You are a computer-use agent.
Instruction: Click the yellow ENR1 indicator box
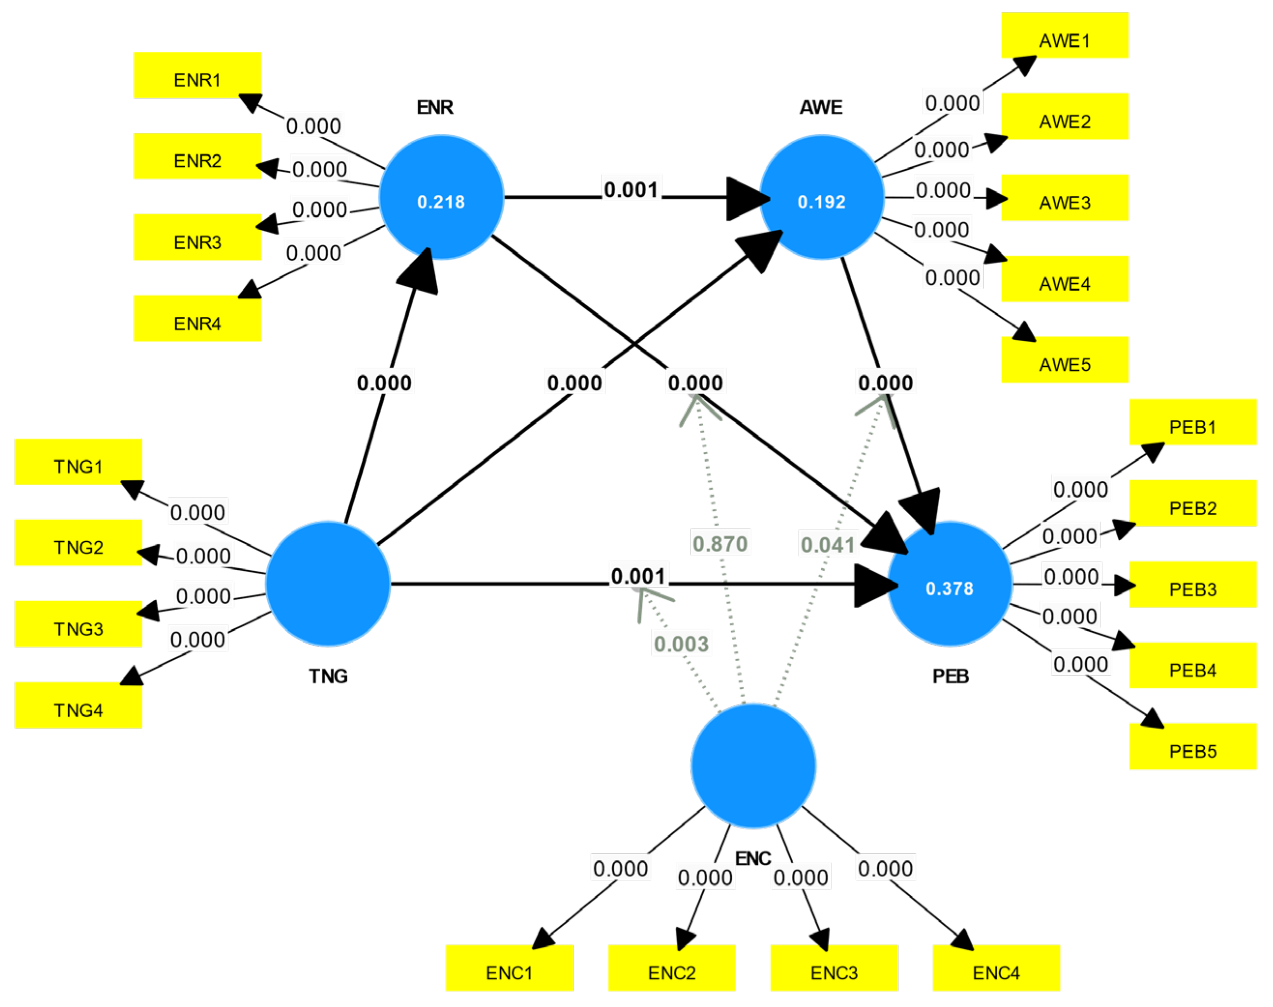point(197,75)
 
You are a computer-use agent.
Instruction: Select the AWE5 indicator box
point(1064,360)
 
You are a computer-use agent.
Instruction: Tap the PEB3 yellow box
point(1192,584)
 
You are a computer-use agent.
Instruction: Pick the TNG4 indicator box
point(78,705)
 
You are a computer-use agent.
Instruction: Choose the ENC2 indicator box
point(672,968)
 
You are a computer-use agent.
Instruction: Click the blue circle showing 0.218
point(441,197)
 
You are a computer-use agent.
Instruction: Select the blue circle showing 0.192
point(821,197)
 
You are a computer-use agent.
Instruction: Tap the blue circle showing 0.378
point(949,584)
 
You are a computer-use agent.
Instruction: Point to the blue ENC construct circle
point(753,765)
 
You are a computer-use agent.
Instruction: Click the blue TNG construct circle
point(328,584)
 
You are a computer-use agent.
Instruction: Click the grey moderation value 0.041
point(827,545)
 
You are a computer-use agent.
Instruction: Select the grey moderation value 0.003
point(681,644)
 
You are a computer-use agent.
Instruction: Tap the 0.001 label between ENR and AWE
point(631,190)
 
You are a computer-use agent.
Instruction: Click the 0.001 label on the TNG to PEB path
point(638,576)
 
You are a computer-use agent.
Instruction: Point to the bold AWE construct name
point(821,107)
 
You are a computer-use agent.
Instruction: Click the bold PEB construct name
point(950,676)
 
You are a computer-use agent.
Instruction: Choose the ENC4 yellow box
point(996,968)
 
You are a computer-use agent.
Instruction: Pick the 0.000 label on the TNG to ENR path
point(385,383)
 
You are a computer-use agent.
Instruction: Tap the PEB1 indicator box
point(1192,422)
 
